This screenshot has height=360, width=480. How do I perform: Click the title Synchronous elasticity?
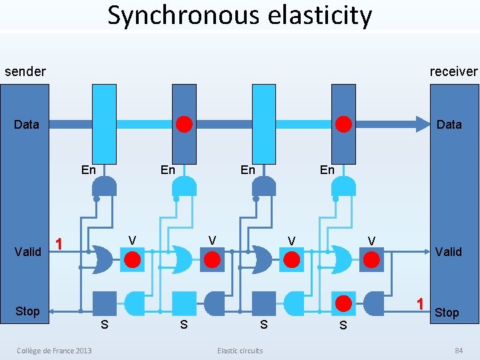click(240, 15)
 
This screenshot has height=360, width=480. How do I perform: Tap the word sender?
click(25, 71)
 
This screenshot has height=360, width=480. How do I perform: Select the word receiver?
click(453, 71)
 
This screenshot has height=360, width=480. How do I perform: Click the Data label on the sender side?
click(27, 124)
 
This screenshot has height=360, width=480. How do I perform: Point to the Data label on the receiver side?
click(449, 124)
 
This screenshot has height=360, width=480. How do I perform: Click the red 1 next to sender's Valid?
click(59, 244)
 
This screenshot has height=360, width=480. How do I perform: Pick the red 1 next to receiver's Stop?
click(420, 303)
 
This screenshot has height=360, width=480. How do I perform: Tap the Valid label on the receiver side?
click(448, 251)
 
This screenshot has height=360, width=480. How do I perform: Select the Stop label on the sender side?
click(27, 311)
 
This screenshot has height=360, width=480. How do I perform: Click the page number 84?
click(459, 351)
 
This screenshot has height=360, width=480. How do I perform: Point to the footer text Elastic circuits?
click(240, 351)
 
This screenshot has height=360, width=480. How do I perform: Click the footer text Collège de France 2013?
click(55, 351)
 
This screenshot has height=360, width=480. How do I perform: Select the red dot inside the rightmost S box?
click(343, 303)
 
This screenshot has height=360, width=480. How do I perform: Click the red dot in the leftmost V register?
click(133, 259)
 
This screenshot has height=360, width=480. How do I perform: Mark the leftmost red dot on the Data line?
click(185, 124)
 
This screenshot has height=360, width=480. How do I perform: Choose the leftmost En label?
click(88, 169)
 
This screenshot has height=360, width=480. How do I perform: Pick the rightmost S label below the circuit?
click(343, 325)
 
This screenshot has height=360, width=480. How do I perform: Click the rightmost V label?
click(371, 240)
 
